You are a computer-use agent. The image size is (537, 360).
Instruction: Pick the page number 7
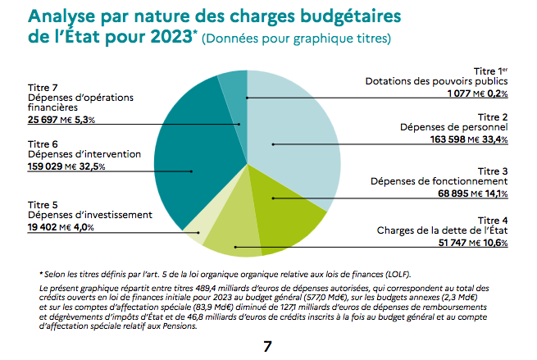[x=267, y=345]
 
